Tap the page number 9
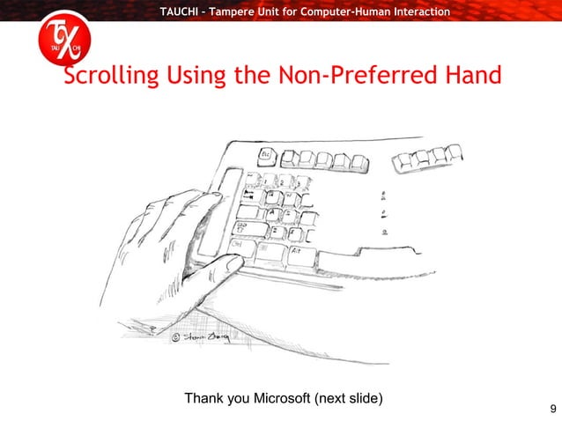click(551, 408)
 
